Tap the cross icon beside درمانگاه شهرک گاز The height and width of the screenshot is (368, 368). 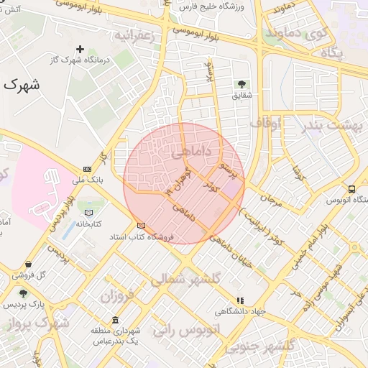pyautogui.click(x=80, y=50)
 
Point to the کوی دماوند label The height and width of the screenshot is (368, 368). pyautogui.click(x=296, y=32)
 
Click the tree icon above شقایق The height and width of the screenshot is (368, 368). pyautogui.click(x=241, y=83)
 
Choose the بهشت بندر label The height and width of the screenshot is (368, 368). pyautogui.click(x=331, y=124)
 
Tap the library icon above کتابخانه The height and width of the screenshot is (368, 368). pyautogui.click(x=88, y=213)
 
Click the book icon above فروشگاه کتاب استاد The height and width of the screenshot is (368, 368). pyautogui.click(x=141, y=225)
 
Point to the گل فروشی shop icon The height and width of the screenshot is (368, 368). pyautogui.click(x=27, y=264)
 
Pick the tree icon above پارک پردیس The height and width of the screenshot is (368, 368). pyautogui.click(x=23, y=293)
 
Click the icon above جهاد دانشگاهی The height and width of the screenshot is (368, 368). pyautogui.click(x=240, y=300)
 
